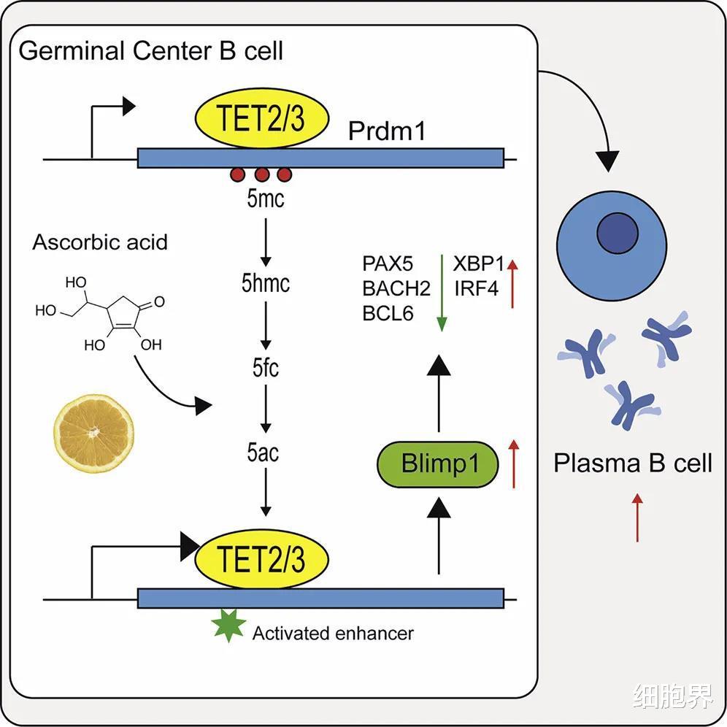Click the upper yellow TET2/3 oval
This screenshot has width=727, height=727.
point(261,119)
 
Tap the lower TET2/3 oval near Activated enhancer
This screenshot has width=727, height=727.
point(261,561)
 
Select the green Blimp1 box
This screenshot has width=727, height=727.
point(438,464)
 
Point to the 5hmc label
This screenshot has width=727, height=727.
point(266,283)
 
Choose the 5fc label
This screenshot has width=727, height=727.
point(266,368)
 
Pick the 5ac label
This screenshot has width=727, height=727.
point(264,453)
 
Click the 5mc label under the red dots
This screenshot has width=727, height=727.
point(265,198)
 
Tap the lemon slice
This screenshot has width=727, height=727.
point(94,433)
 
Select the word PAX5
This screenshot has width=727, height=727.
point(388,264)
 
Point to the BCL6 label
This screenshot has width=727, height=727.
point(388,313)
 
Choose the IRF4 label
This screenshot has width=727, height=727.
point(476,288)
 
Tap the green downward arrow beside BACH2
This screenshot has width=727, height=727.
point(441,292)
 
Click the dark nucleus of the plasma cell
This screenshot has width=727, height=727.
point(618,235)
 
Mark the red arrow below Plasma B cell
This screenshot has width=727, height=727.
point(637,518)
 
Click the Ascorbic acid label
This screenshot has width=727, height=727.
point(100,242)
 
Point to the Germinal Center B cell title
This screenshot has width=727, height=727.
point(151,52)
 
